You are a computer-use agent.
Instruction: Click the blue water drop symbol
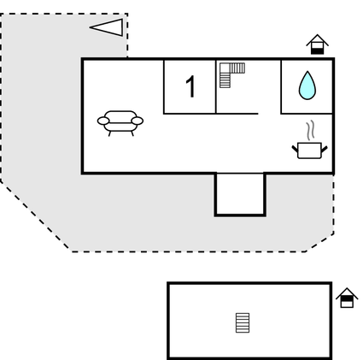(x=307, y=86)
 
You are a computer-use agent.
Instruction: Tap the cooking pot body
(x=309, y=150)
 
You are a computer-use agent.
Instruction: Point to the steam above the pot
(x=311, y=130)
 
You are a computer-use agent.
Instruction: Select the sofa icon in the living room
(x=120, y=122)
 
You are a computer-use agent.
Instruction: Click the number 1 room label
(x=190, y=87)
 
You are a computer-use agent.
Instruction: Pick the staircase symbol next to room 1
(x=231, y=74)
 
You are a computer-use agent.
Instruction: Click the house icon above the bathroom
(x=318, y=44)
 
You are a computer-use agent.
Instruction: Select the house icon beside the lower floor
(x=347, y=298)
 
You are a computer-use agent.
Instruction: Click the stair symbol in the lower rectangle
(x=243, y=322)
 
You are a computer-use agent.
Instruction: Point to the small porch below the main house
(x=240, y=194)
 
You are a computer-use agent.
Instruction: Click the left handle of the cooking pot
(x=296, y=147)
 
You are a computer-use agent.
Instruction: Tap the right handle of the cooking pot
(x=325, y=147)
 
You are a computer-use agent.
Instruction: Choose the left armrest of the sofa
(x=102, y=121)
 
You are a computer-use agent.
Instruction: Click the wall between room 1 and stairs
(x=216, y=86)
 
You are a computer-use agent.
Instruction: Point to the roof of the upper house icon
(x=318, y=38)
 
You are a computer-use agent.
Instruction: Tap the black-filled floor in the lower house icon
(x=347, y=303)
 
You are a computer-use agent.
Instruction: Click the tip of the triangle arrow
(x=91, y=27)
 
